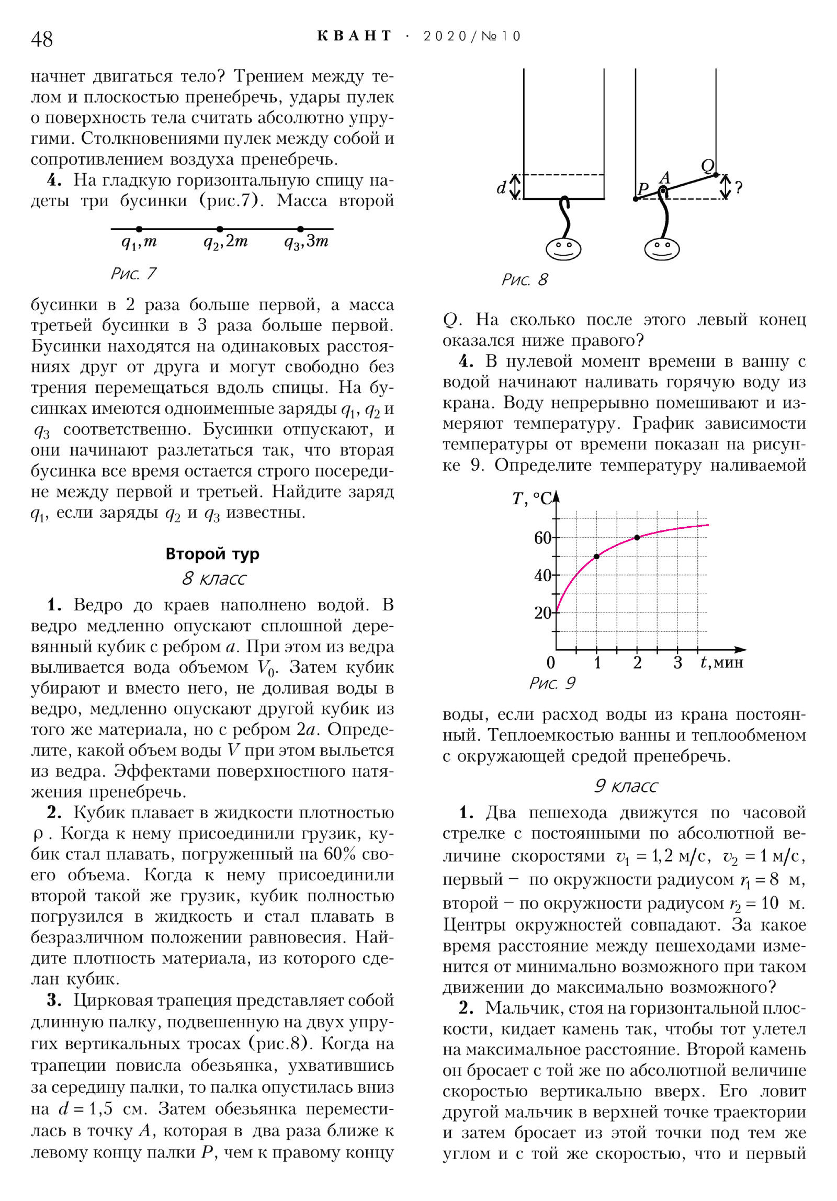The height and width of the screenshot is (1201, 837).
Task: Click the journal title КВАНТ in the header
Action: click(354, 36)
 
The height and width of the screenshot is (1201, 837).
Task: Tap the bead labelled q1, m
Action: click(139, 229)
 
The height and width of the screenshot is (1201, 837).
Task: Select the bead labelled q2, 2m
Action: click(220, 229)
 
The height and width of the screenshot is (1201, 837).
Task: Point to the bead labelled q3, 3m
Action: click(300, 229)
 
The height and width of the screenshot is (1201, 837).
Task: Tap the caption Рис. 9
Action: click(552, 683)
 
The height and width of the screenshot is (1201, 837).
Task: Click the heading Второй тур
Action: click(212, 554)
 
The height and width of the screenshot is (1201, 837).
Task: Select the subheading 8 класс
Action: click(213, 579)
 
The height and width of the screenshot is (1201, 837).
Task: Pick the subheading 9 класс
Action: click(626, 786)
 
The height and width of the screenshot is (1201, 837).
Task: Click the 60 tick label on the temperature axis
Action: click(542, 538)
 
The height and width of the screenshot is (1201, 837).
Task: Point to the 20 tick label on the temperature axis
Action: click(542, 613)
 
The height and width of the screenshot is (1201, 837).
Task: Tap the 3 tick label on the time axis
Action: click(677, 663)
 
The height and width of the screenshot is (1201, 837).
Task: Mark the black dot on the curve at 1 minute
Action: click(596, 557)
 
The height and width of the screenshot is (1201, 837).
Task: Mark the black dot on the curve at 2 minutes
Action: click(637, 538)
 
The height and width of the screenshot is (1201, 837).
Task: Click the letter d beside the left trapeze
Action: click(501, 187)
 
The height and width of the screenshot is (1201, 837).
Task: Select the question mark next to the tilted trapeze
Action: click(739, 188)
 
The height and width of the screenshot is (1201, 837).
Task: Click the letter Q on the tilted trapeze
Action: click(707, 166)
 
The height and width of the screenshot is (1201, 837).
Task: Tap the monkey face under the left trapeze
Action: click(563, 248)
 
